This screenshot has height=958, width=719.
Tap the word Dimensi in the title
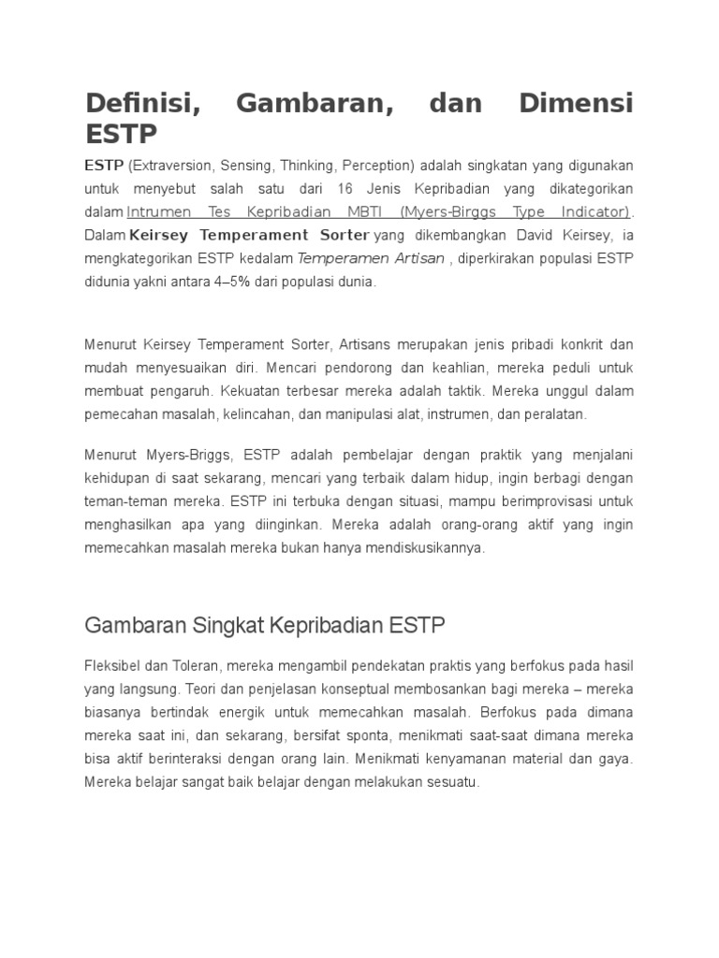pyautogui.click(x=576, y=103)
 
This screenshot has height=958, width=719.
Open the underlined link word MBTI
pyautogui.click(x=357, y=212)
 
